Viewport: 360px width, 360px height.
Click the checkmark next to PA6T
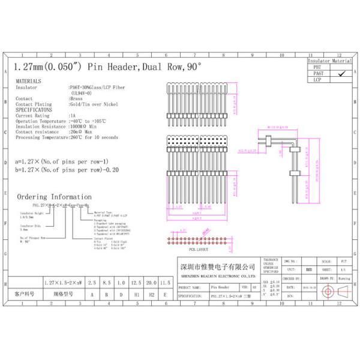[x=341, y=73]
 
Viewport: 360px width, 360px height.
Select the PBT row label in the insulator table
[x=317, y=67]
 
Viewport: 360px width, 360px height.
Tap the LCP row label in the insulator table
[x=317, y=79]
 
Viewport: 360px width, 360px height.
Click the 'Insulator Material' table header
[x=329, y=61]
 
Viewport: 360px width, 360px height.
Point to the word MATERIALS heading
[x=28, y=80]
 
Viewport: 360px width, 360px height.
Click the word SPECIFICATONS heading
[x=33, y=110]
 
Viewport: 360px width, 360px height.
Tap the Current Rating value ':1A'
[x=73, y=115]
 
